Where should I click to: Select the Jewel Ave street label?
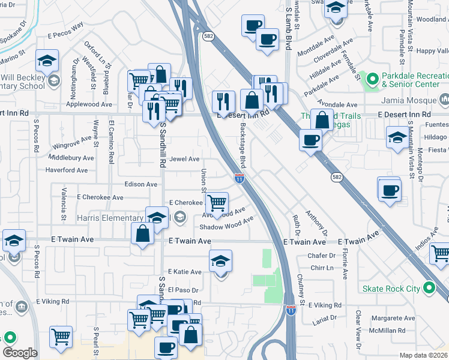tap(184, 159)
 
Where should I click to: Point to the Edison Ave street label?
tap(140, 184)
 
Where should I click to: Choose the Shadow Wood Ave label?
tap(226, 226)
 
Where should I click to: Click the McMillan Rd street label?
tap(393, 331)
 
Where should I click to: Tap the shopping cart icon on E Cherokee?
tap(217, 202)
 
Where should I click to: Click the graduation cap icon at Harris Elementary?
tap(157, 217)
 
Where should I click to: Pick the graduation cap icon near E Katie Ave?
tap(221, 260)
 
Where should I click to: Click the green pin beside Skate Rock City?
tap(428, 289)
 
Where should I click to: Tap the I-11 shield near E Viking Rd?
tap(291, 310)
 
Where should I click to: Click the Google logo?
tap(20, 353)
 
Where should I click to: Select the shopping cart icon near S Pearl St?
tap(61, 336)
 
